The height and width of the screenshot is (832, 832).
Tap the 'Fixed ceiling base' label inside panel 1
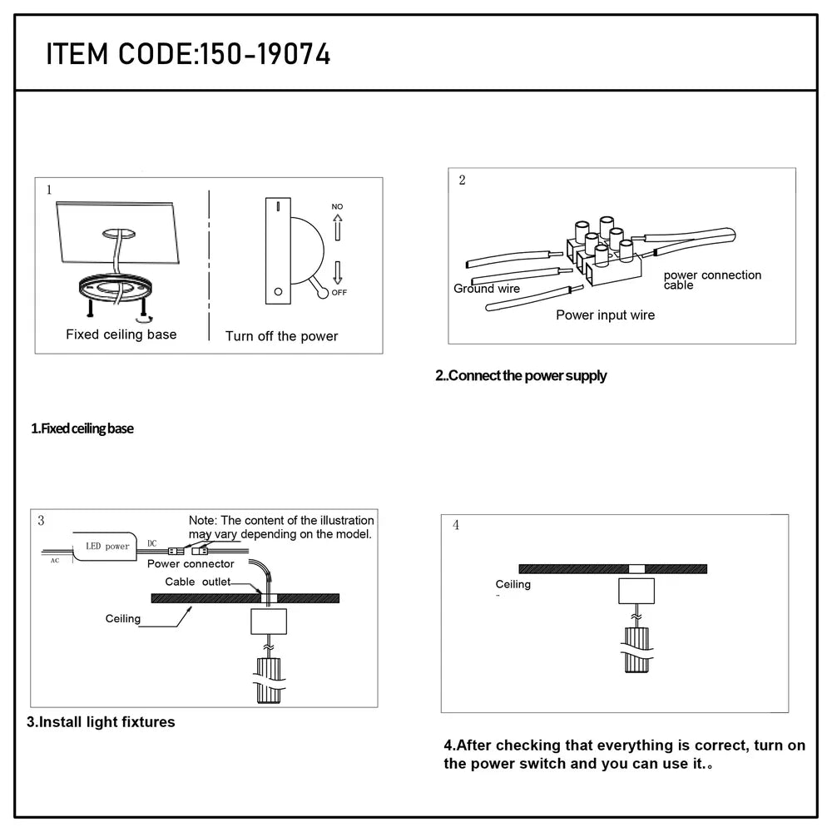[121, 334]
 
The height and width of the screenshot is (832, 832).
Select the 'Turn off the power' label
[281, 336]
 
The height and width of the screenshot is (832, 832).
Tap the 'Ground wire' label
[487, 289]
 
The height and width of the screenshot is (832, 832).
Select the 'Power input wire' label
[605, 315]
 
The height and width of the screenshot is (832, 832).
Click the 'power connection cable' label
[711, 280]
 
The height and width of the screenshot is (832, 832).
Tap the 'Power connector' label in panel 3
[191, 564]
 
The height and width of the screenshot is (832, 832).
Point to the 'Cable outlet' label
[197, 582]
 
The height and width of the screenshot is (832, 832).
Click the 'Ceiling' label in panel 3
[123, 619]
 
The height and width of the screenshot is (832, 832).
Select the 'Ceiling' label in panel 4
[513, 585]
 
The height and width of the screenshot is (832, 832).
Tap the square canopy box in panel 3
[269, 621]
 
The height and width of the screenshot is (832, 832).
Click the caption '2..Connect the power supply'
[521, 376]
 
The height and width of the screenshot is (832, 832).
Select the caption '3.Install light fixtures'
[101, 722]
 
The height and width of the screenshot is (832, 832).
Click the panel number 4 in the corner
[455, 526]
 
